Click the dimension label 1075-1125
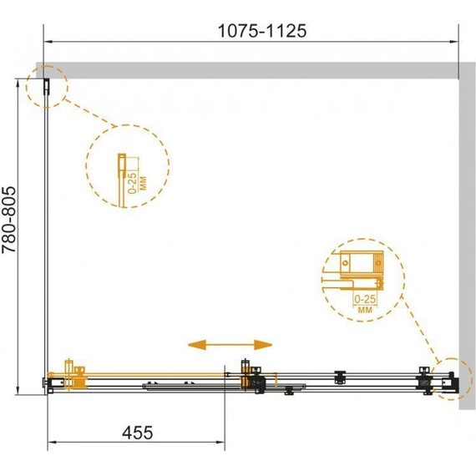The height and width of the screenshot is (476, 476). coord(262,31)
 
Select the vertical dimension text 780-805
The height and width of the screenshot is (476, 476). coord(9,220)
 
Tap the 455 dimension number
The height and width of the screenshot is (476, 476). coord(138,433)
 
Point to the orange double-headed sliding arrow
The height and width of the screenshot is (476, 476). coord(230,345)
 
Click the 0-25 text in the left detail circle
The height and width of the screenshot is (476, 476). coord(132,183)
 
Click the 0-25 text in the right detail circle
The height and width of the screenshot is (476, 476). coord(365,299)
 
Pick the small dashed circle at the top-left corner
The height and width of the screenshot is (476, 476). coord(47,87)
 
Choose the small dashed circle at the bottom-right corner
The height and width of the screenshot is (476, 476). coord(452,379)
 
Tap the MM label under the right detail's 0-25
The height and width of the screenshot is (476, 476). coord(365,310)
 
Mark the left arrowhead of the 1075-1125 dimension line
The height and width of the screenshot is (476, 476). coord(48,42)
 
